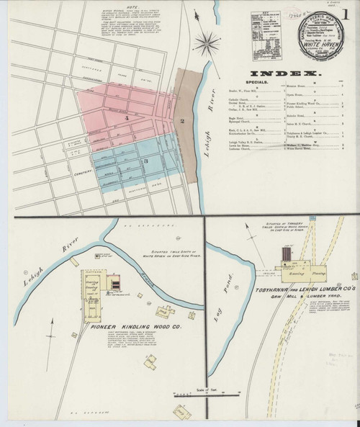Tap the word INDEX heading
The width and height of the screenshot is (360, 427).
pyautogui.click(x=283, y=74)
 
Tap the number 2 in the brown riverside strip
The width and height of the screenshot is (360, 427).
pyautogui.click(x=183, y=121)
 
